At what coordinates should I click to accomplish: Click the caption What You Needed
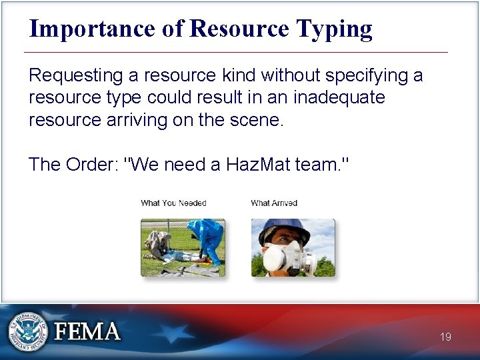coord(173,203)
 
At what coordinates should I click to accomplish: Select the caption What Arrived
coord(274,203)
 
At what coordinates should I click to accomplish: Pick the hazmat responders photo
coord(183,248)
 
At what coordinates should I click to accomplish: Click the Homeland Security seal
coord(27,331)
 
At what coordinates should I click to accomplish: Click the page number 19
coord(445,337)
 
